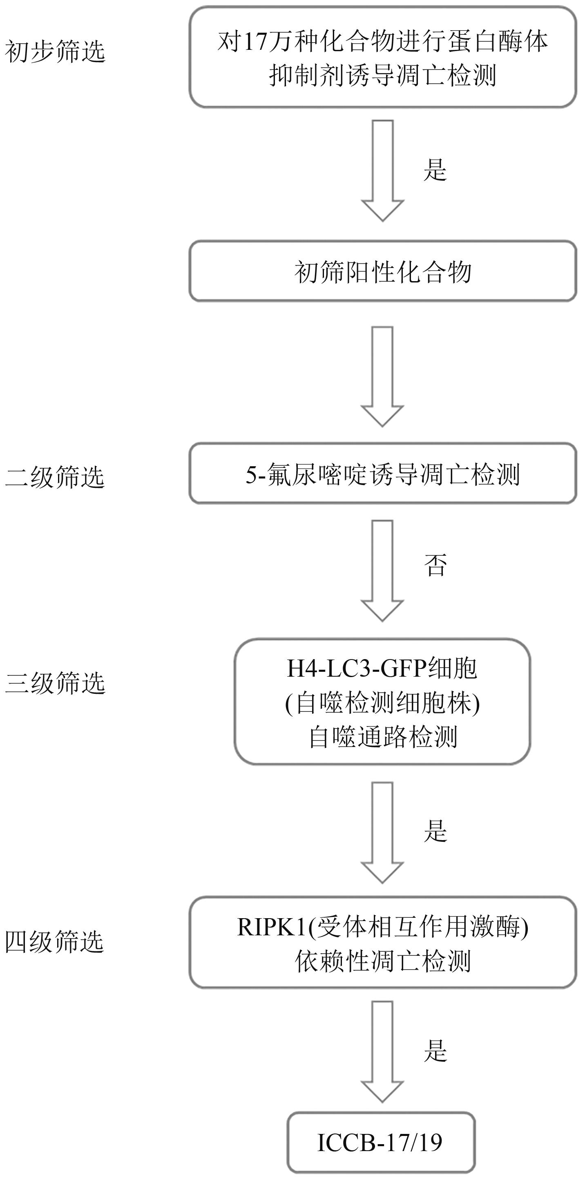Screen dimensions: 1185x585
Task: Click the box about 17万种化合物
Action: tap(382, 58)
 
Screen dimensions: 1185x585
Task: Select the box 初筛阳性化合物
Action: tap(382, 271)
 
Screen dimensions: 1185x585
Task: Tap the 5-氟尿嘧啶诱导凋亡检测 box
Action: tap(382, 474)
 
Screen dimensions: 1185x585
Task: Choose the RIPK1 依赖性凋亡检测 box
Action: tap(382, 943)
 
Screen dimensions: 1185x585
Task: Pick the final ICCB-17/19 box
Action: tap(381, 1143)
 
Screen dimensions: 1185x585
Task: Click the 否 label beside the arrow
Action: tap(435, 565)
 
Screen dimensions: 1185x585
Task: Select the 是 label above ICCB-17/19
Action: tap(435, 1051)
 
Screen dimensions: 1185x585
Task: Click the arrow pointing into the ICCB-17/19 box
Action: tap(382, 1051)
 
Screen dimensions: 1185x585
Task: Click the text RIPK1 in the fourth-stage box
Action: tap(271, 927)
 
